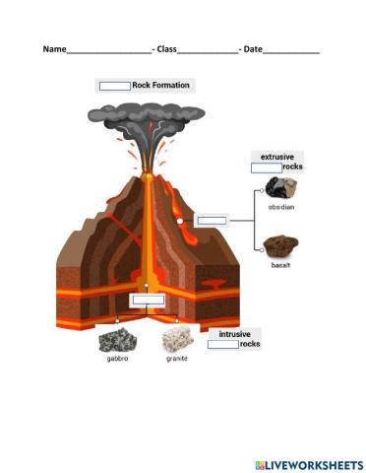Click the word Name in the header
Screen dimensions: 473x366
[54, 49]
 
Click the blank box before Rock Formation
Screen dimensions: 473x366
[115, 86]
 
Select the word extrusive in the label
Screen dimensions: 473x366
[277, 157]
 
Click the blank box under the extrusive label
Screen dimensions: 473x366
[266, 168]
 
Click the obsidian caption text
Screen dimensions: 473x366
[281, 207]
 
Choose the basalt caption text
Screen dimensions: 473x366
[281, 265]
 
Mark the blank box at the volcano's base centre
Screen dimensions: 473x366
[148, 300]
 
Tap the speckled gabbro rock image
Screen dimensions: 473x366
[117, 340]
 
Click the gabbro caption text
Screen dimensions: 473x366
[117, 359]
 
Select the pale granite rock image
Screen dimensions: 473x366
[176, 340]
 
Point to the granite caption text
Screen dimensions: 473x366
[176, 359]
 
